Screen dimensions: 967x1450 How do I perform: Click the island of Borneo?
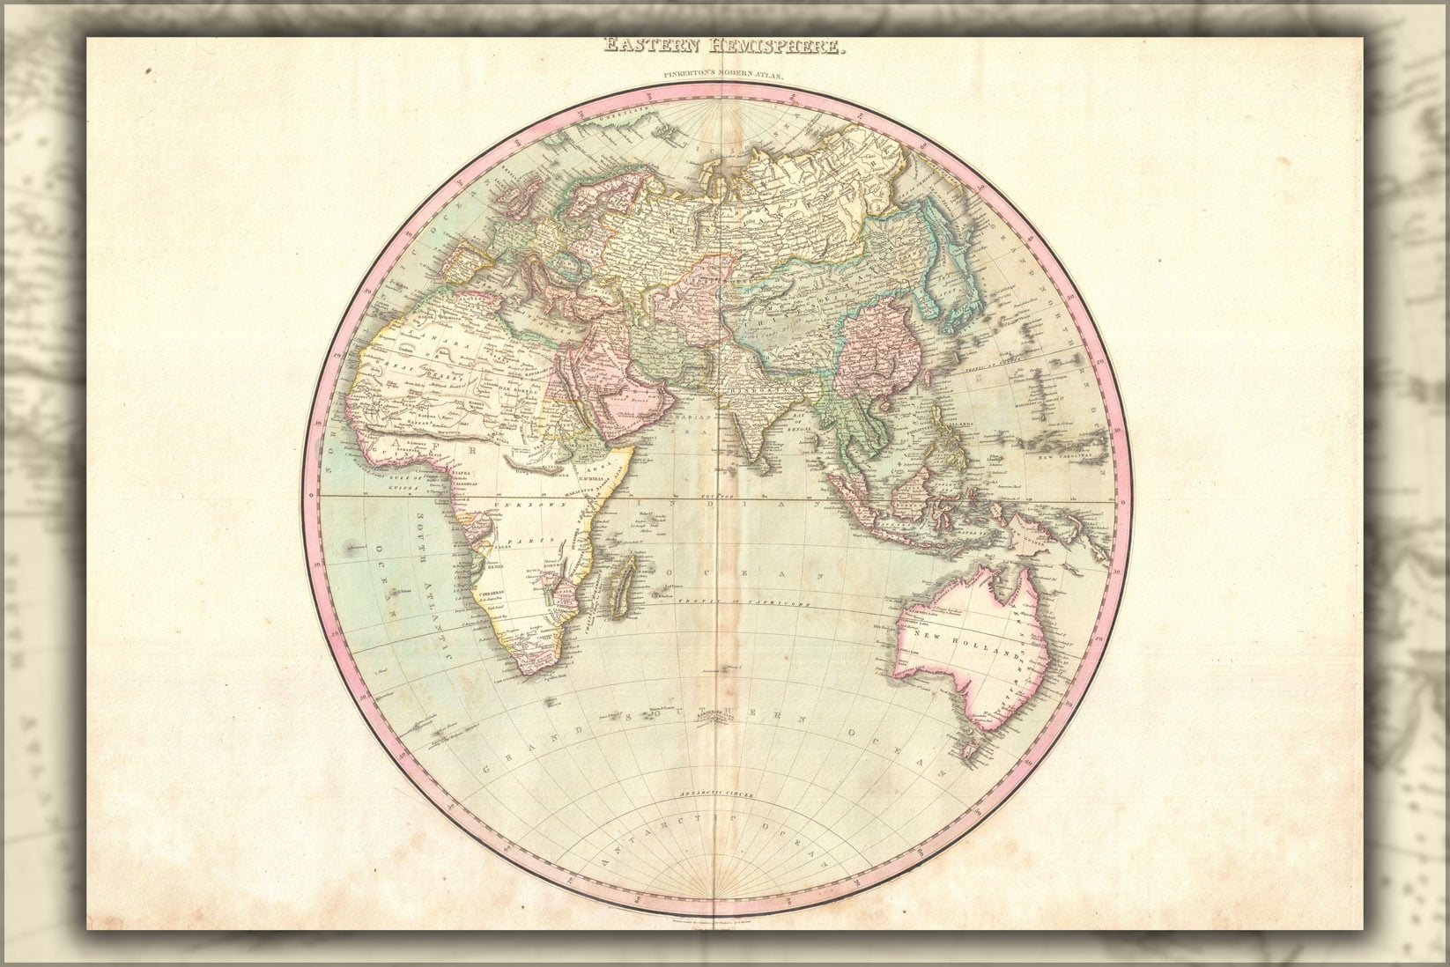[x=921, y=489]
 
